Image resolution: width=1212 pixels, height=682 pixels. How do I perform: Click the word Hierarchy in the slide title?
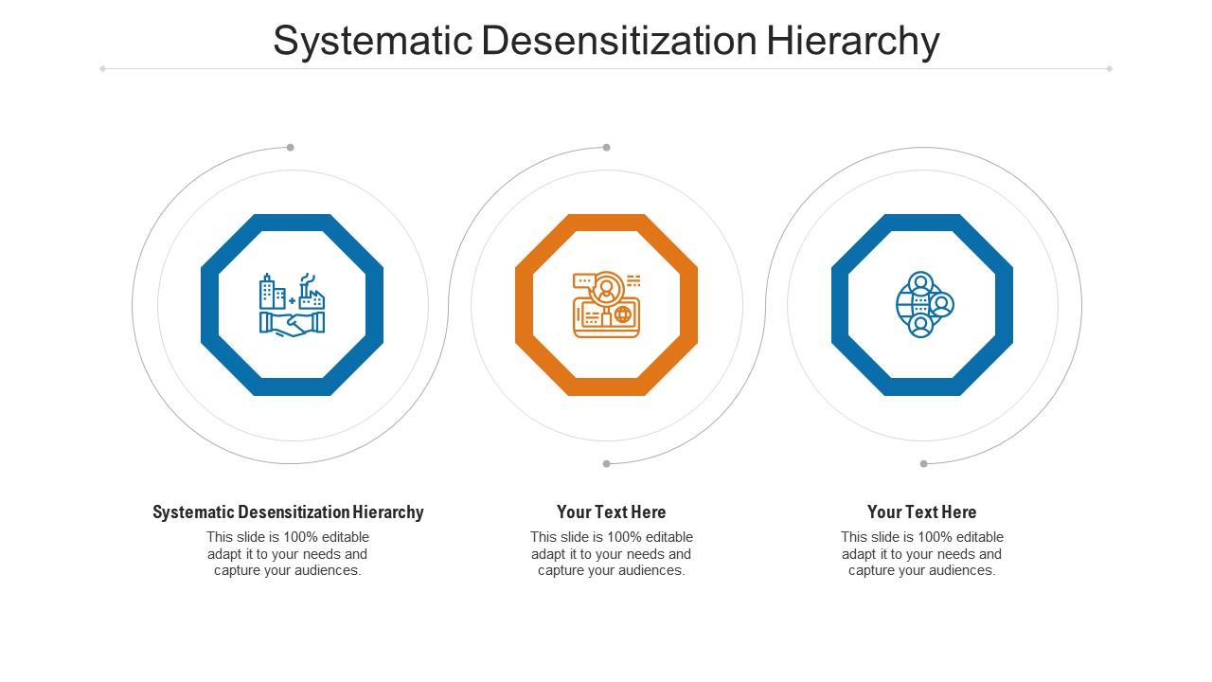click(852, 42)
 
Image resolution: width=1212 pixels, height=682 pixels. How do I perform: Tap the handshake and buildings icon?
click(292, 304)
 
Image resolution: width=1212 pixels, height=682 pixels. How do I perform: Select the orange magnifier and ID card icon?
click(606, 304)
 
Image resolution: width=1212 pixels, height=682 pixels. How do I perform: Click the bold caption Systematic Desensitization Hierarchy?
click(288, 512)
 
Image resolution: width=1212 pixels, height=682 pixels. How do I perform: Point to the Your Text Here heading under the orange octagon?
click(611, 512)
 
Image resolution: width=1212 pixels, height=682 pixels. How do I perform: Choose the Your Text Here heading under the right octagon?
click(921, 512)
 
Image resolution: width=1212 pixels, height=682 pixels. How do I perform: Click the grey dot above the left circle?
click(291, 147)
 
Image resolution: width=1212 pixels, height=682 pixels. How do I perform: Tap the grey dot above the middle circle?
click(607, 147)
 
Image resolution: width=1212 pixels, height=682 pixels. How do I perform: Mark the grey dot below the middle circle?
click(607, 463)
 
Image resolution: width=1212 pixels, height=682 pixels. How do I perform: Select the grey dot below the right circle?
click(923, 463)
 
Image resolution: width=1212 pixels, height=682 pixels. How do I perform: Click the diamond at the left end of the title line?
click(102, 68)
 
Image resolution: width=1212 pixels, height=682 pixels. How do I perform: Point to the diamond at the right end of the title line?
click(1109, 68)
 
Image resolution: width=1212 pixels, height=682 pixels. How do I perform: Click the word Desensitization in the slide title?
click(619, 42)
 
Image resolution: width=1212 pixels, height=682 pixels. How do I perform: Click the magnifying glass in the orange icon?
click(607, 286)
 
